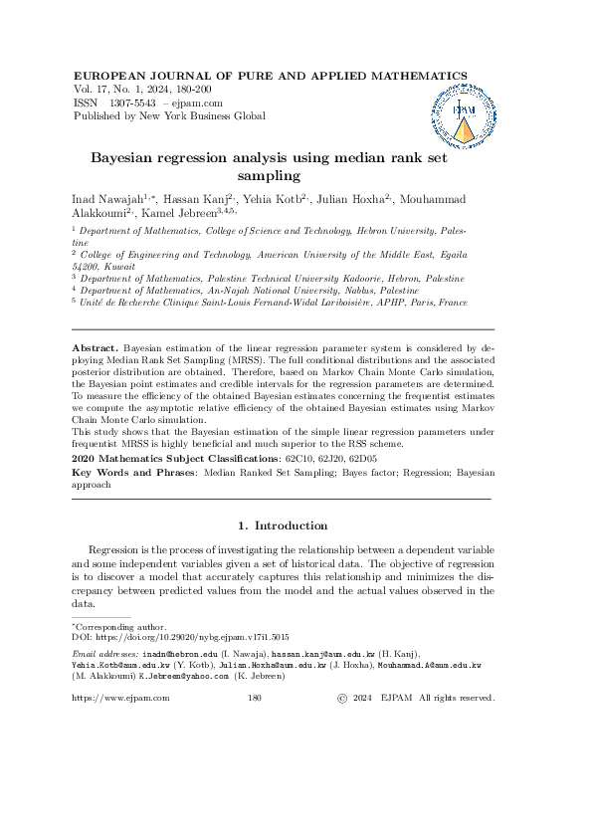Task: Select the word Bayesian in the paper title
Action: [127, 157]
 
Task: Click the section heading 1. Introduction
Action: [283, 524]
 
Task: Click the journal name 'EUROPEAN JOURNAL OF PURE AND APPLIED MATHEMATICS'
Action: [271, 76]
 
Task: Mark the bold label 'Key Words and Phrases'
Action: [131, 474]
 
